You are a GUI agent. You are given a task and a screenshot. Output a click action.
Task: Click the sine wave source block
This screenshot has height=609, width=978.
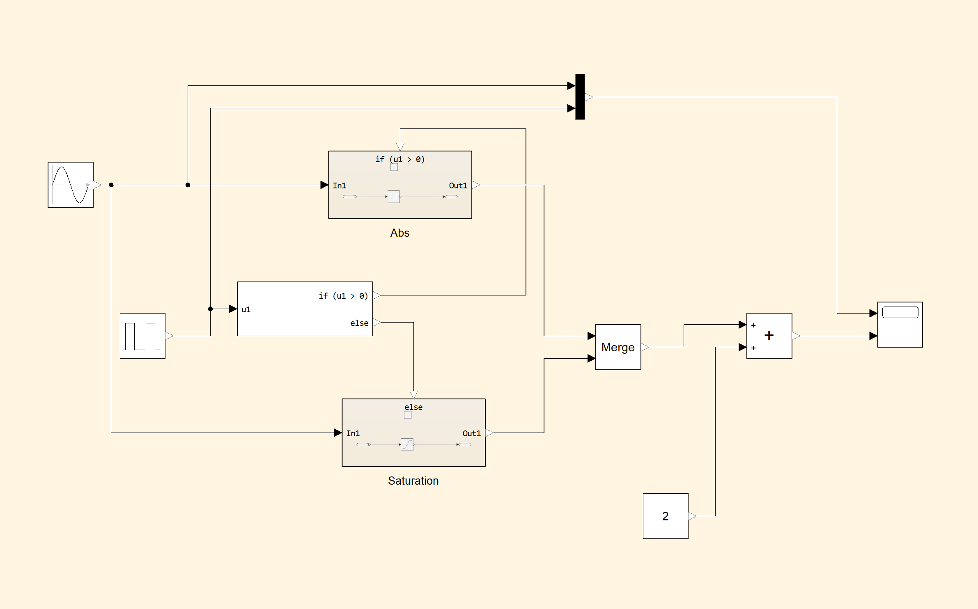click(x=71, y=185)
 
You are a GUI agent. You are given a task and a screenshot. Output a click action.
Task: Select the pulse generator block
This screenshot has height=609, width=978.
click(x=142, y=336)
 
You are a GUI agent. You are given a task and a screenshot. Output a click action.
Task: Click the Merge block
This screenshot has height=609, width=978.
click(x=618, y=347)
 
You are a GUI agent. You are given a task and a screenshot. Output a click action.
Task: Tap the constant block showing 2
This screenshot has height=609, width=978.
click(x=665, y=516)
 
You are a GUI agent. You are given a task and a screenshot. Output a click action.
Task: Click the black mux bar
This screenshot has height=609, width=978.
click(x=580, y=97)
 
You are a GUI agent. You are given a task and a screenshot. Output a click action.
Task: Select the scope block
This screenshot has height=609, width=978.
click(x=900, y=325)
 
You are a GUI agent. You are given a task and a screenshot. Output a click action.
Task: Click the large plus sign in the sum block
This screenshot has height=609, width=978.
click(x=769, y=335)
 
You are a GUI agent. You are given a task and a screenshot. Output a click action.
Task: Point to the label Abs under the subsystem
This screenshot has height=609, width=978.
click(x=400, y=233)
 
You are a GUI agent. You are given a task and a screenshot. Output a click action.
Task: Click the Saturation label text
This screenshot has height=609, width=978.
click(x=413, y=481)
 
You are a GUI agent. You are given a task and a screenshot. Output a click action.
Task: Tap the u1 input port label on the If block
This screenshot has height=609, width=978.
click(x=246, y=309)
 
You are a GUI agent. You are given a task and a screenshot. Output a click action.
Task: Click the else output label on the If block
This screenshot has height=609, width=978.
click(x=359, y=323)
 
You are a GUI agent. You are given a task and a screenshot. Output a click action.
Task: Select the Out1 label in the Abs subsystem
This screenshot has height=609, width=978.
click(x=458, y=185)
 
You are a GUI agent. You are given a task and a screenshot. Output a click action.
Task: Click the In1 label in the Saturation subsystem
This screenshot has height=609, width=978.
click(x=353, y=433)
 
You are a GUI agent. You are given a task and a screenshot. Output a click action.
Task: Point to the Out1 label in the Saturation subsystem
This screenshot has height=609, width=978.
click(x=471, y=433)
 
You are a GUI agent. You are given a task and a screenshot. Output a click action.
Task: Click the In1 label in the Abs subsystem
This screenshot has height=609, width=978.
click(x=340, y=185)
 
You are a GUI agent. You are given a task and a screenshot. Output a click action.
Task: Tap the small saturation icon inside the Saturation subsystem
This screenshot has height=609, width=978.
click(x=407, y=444)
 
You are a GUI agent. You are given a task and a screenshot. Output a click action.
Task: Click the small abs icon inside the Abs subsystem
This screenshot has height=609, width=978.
click(x=393, y=197)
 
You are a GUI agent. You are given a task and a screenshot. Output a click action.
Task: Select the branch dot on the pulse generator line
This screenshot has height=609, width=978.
click(x=210, y=309)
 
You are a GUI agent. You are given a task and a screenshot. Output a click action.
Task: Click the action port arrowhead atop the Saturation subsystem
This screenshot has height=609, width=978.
click(x=413, y=394)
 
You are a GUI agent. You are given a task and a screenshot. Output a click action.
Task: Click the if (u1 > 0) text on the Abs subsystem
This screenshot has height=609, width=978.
click(x=400, y=159)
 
